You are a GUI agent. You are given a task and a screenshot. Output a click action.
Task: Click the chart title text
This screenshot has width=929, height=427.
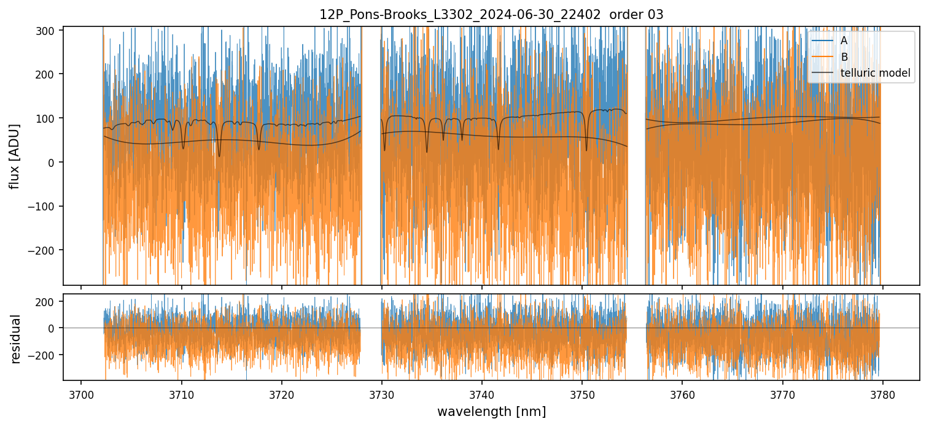pos(491,15)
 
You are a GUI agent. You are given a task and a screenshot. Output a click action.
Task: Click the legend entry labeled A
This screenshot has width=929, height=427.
pos(844,40)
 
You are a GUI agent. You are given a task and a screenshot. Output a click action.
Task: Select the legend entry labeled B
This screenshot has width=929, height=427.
pos(844,57)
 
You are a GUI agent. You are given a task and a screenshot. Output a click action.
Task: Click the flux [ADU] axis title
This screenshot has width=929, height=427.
pos(14,156)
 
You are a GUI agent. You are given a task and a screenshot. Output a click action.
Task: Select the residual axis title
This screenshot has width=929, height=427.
pos(15,339)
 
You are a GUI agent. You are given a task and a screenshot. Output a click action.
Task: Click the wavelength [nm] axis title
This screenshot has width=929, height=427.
pos(491,411)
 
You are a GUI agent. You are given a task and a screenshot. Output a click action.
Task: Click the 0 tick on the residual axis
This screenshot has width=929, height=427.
pos(54,328)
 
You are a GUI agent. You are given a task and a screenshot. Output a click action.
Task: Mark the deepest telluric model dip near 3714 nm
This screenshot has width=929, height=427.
pos(219,156)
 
